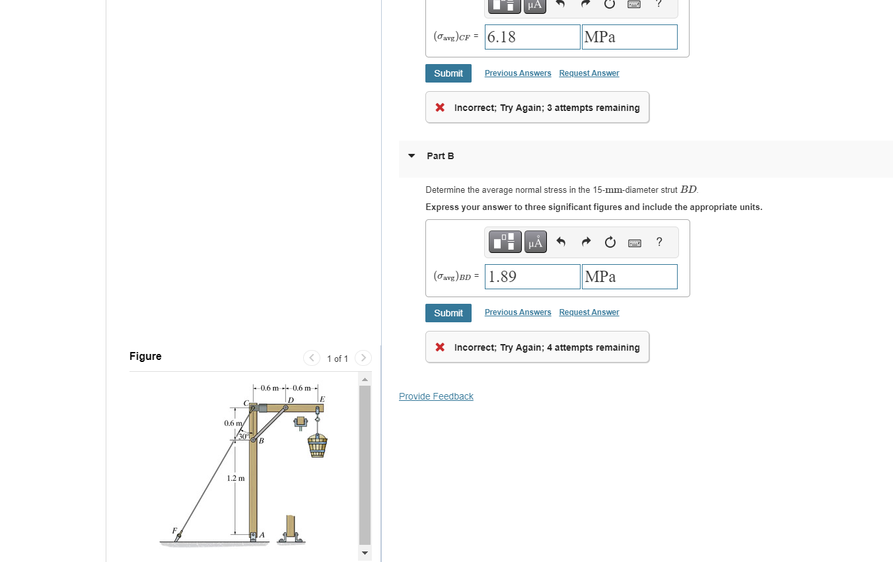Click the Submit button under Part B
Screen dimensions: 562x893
(x=448, y=313)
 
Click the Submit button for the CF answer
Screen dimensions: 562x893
(x=448, y=73)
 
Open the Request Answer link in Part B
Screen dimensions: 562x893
(x=589, y=312)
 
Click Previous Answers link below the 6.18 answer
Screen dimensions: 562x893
(x=517, y=73)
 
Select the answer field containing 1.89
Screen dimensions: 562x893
(x=532, y=277)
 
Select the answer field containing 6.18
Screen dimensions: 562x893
(x=532, y=37)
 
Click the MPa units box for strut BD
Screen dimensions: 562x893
(x=629, y=277)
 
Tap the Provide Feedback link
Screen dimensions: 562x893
(x=436, y=396)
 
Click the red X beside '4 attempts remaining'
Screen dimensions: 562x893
(x=440, y=347)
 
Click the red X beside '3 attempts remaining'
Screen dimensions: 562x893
(x=440, y=108)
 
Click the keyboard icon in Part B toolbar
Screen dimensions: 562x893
(x=634, y=242)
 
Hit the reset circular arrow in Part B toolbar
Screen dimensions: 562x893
(x=610, y=242)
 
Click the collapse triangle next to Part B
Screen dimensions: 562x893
(x=411, y=156)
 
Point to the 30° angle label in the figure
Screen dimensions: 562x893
(x=242, y=437)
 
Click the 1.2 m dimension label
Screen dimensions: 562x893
(x=236, y=478)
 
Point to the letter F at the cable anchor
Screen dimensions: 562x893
(x=174, y=530)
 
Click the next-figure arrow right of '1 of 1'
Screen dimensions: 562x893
(x=363, y=358)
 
